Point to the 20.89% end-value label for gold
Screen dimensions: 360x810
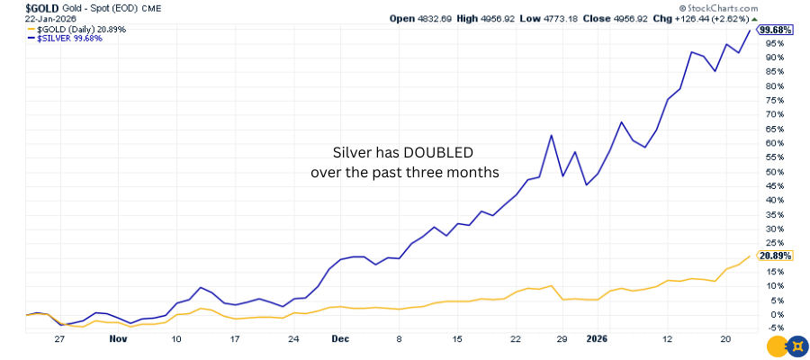tap(774, 256)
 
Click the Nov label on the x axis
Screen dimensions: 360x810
tap(118, 340)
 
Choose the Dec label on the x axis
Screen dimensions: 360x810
tap(339, 340)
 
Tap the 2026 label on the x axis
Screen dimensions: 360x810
tap(597, 340)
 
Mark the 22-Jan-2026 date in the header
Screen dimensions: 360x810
tap(24, 18)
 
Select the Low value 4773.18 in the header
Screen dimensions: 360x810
tap(607, 18)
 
